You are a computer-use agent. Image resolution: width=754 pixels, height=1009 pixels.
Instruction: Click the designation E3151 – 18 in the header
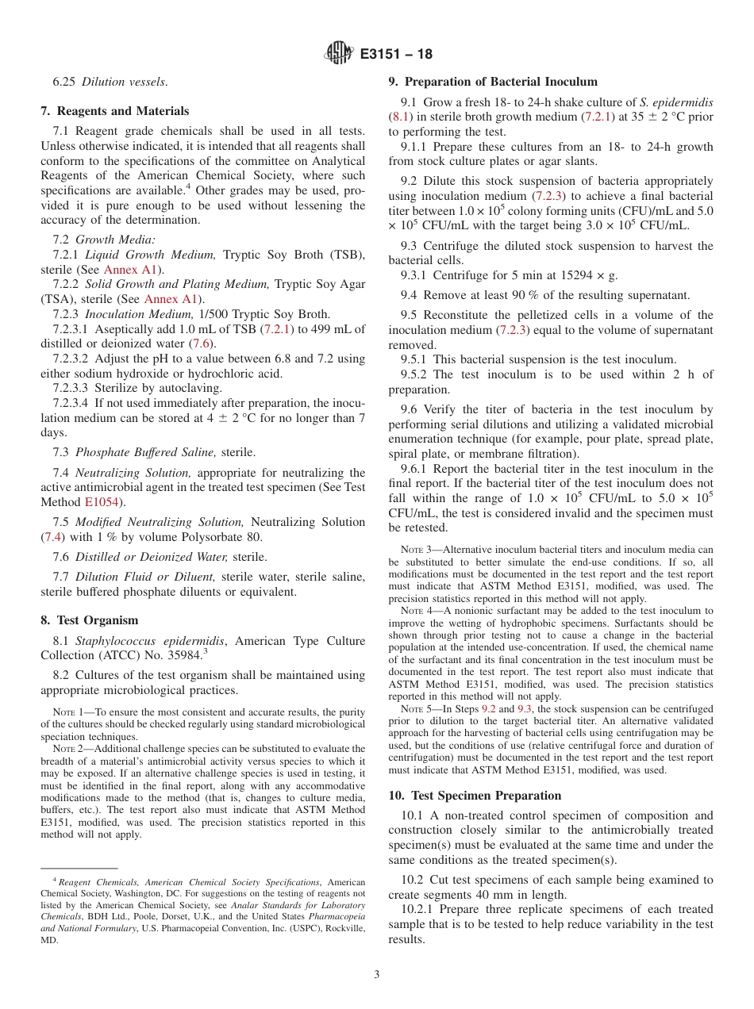pos(396,55)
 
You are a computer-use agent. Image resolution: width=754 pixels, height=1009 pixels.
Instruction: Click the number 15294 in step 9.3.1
pos(568,275)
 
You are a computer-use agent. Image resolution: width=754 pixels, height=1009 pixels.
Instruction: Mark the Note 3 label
pos(416,550)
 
